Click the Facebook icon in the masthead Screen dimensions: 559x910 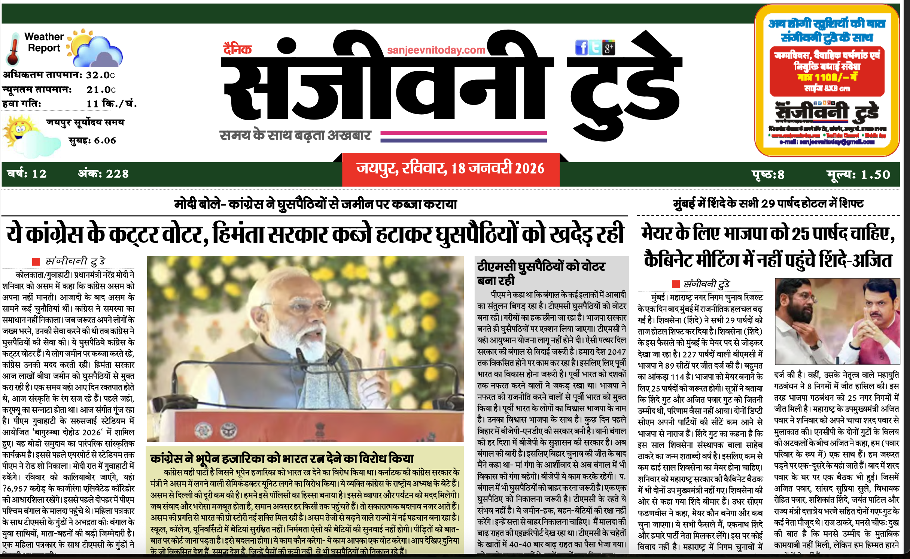coord(581,48)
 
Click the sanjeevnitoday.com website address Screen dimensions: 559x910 coord(436,50)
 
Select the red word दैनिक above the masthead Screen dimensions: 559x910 coord(237,49)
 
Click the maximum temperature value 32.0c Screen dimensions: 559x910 coord(100,75)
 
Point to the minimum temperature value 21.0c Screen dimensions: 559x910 coord(101,90)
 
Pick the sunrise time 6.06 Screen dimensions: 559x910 coord(105,140)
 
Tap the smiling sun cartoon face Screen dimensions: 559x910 coord(19,129)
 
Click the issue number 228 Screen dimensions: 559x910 coord(117,174)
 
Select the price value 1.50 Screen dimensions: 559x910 coord(875,175)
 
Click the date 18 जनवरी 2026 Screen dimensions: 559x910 coord(497,169)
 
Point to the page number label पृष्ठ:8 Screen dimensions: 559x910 coord(768,175)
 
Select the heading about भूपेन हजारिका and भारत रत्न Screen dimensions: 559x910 coord(282,458)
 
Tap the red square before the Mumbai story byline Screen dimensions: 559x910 coord(676,284)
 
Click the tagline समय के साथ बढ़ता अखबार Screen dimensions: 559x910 coord(295,135)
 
